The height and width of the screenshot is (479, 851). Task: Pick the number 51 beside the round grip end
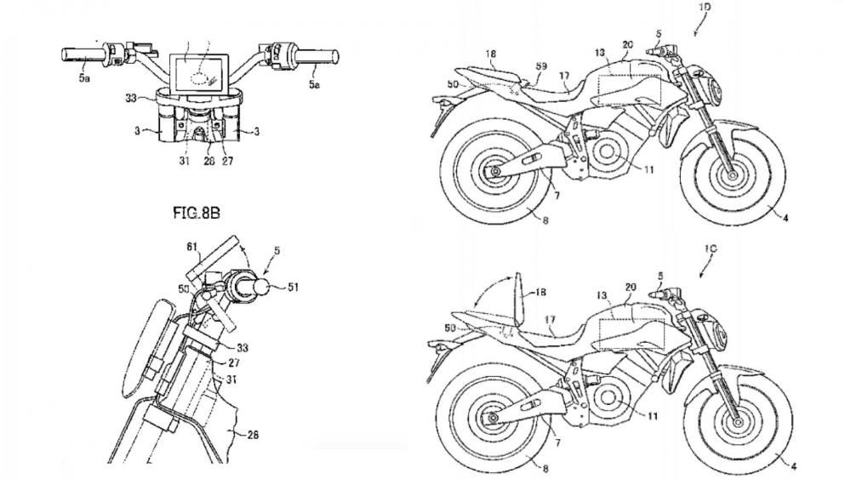293,287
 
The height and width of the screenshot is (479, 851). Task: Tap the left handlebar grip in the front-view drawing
81,55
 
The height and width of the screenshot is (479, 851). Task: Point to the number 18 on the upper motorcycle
490,54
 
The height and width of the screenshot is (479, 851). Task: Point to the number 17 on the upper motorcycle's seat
563,77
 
